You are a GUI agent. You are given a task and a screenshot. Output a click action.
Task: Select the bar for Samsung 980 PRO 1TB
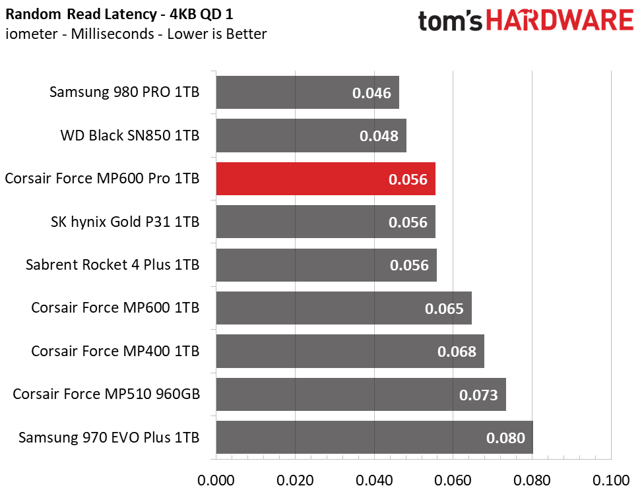pyautogui.click(x=307, y=92)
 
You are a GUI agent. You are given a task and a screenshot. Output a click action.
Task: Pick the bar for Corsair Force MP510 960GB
pyautogui.click(x=360, y=394)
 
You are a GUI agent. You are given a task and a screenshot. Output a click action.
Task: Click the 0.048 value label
pyautogui.click(x=379, y=136)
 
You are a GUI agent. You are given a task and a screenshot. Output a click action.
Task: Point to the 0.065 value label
pyautogui.click(x=444, y=309)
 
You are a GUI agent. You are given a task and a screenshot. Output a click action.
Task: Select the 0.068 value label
pyautogui.click(x=457, y=352)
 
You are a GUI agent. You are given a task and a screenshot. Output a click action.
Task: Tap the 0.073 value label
pyautogui.click(x=478, y=395)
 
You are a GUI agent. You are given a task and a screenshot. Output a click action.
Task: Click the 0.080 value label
pyautogui.click(x=505, y=438)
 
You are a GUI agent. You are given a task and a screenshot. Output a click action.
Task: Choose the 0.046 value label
pyautogui.click(x=371, y=93)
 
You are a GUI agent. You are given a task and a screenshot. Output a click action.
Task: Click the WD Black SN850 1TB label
pyautogui.click(x=129, y=135)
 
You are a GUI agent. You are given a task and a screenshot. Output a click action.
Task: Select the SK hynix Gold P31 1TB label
pyautogui.click(x=125, y=222)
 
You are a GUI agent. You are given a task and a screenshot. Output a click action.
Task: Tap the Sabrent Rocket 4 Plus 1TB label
pyautogui.click(x=112, y=265)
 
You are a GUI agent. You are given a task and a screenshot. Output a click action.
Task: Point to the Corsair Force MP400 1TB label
pyautogui.click(x=115, y=351)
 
